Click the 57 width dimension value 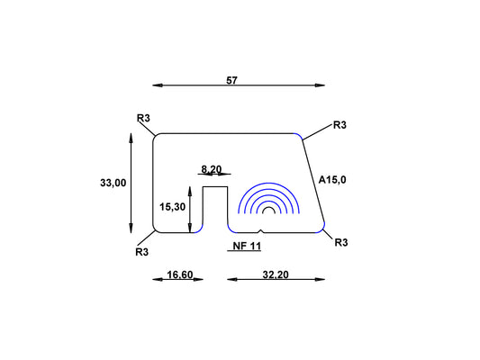pos(231,80)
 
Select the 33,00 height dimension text pos(113,183)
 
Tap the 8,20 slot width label pos(212,169)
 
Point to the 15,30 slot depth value pos(172,207)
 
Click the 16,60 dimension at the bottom pos(180,274)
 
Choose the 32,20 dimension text pos(276,274)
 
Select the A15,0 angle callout pos(332,180)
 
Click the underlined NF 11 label pos(247,246)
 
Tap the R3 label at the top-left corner pos(143,118)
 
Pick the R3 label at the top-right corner pos(340,125)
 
